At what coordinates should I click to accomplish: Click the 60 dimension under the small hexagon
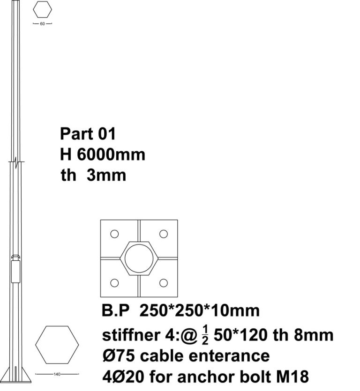[42, 24]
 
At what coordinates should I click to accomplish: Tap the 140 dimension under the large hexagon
[57, 374]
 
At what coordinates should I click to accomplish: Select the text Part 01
[88, 133]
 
